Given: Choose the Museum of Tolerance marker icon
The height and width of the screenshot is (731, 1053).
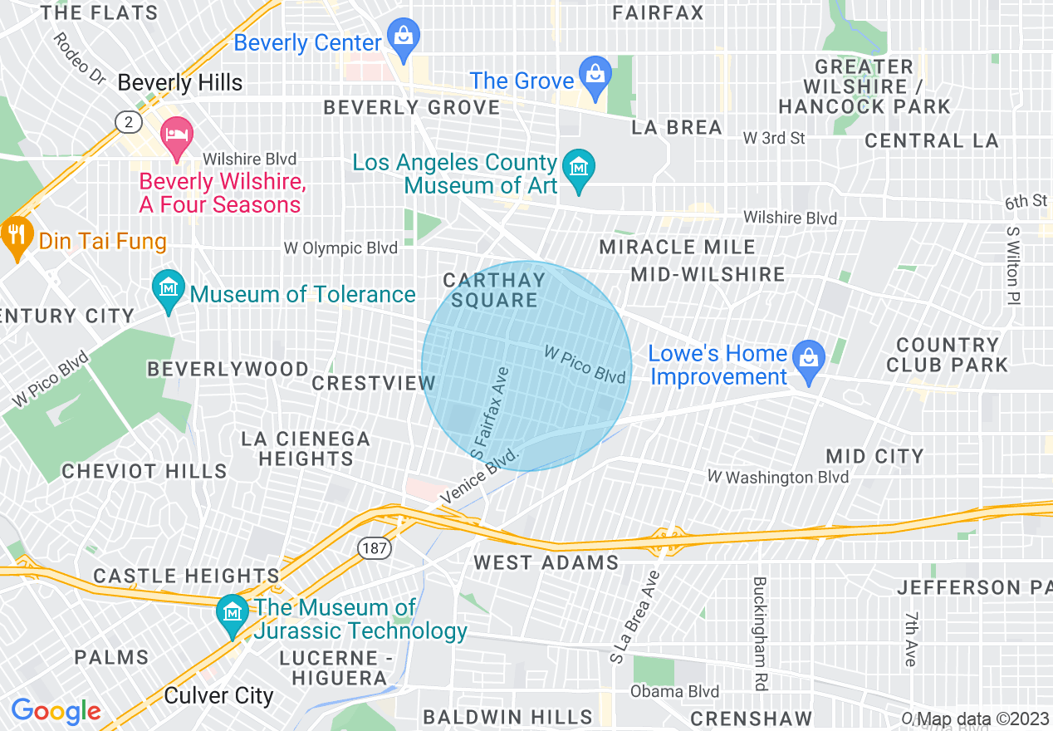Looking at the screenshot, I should click(x=169, y=290).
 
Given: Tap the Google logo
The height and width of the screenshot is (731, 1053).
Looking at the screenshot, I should click(x=56, y=710).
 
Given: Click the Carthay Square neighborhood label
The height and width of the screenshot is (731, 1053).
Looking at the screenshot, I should click(x=494, y=290).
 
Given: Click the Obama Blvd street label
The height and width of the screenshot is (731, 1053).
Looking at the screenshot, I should click(x=674, y=691).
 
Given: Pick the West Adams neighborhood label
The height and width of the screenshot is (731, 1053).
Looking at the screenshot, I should click(x=546, y=562).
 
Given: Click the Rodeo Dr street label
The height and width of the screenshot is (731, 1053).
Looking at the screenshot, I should click(x=80, y=59).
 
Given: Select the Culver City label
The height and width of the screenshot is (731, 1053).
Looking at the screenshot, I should click(x=218, y=695).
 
